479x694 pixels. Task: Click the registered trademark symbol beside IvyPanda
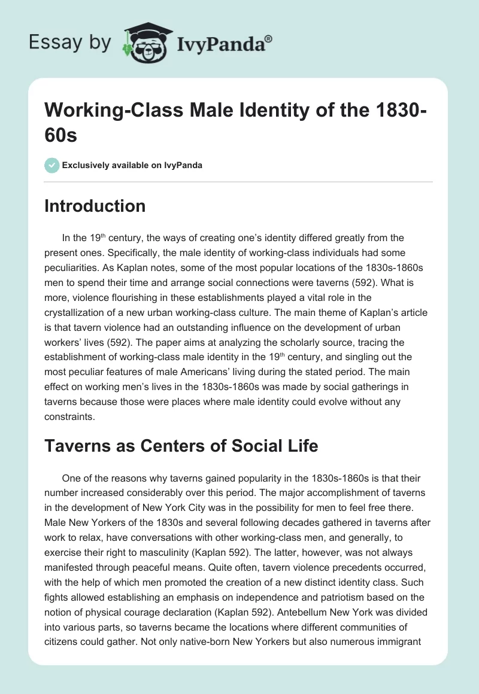pos(269,39)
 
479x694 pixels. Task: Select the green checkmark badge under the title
pos(51,165)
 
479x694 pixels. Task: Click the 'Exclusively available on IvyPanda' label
pos(132,165)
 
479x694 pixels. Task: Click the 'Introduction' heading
pos(95,206)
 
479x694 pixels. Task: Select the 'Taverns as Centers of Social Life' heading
pos(181,446)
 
